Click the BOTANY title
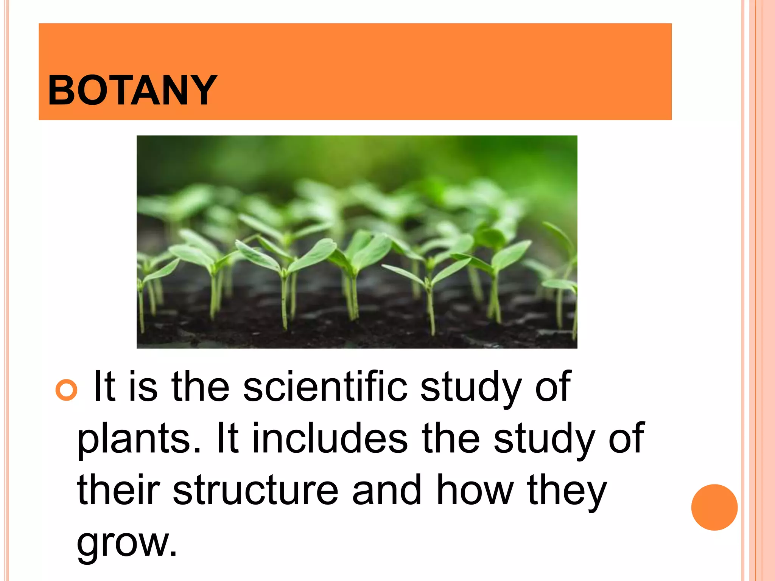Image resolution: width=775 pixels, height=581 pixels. pos(132,90)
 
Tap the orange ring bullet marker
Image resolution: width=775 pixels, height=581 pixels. pos(66,390)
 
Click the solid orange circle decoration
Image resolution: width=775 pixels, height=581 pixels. pos(714,507)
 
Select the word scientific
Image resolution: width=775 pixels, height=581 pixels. pos(325,387)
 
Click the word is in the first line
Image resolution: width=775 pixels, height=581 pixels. pos(143,387)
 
